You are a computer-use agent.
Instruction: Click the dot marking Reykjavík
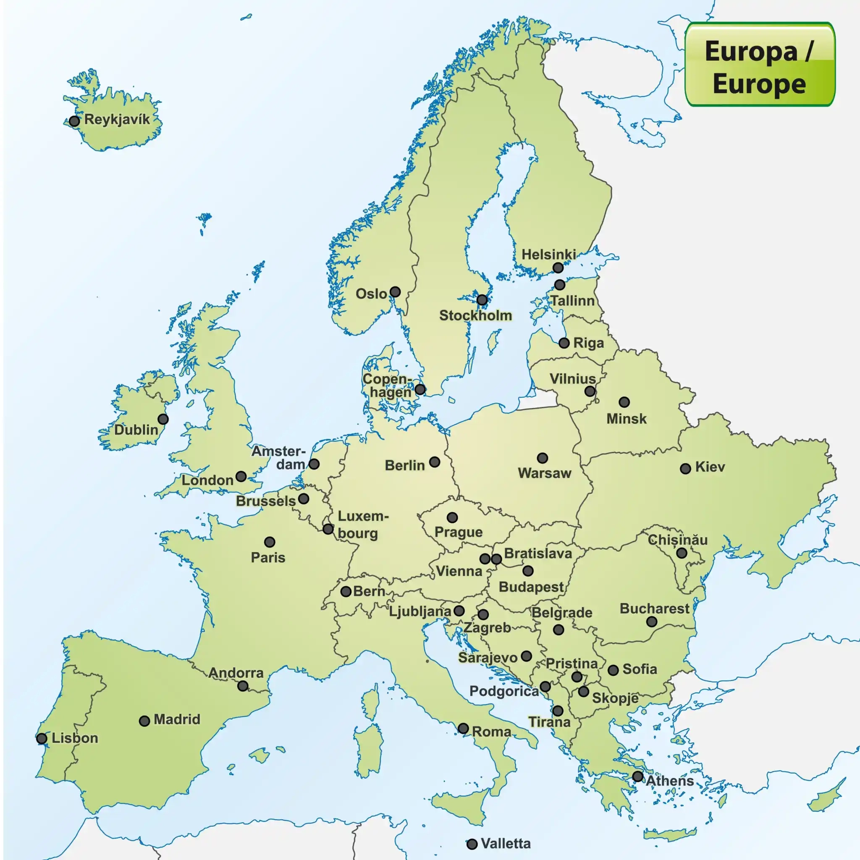coord(74,121)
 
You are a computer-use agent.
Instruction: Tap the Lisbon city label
coord(75,738)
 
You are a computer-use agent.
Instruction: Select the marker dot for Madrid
coord(144,721)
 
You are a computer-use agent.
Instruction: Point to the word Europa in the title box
coord(751,52)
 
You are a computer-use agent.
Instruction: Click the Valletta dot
coord(472,844)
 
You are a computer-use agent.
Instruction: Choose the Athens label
coord(669,781)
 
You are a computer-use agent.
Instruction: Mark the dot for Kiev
coord(685,468)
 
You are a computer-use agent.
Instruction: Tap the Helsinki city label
coord(548,254)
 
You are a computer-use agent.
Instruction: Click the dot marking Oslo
coord(395,292)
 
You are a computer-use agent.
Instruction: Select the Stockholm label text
coord(475,316)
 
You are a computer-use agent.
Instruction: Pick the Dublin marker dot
coord(163,419)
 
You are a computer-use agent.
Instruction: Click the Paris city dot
coord(269,542)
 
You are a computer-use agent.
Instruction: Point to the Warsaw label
coord(544,473)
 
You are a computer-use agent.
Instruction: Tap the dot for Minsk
coord(624,402)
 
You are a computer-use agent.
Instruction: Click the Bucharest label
coord(654,609)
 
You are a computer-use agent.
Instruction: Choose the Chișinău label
coord(677,540)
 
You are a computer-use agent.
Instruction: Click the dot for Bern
coord(346,592)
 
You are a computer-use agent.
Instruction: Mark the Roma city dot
coord(463,729)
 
